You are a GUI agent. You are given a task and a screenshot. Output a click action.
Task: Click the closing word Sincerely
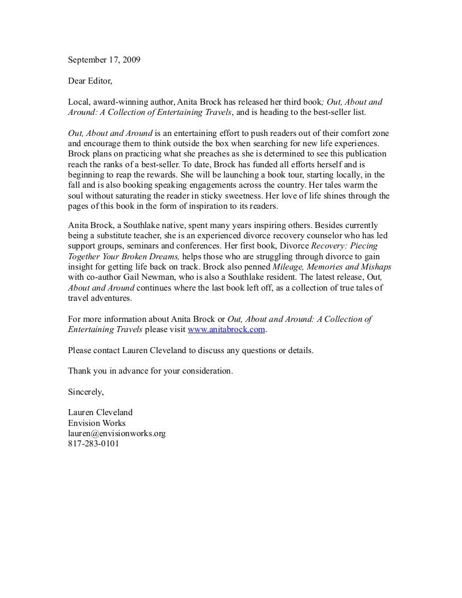click(86, 392)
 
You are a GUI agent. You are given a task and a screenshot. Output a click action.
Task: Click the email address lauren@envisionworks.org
click(117, 434)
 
